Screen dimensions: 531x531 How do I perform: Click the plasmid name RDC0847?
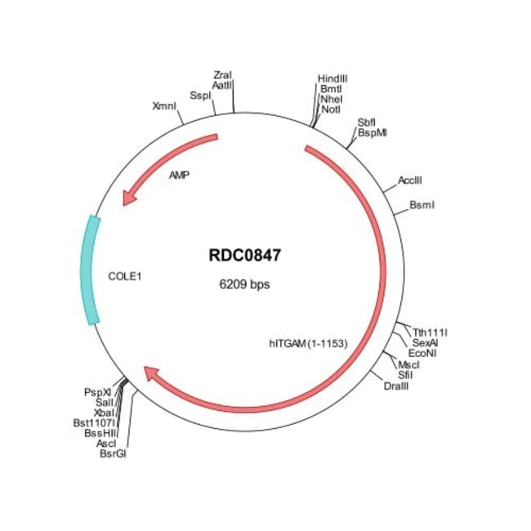pyautogui.click(x=245, y=256)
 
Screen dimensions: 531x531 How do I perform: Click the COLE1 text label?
pyautogui.click(x=125, y=276)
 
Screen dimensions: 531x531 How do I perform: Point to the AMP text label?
pyautogui.click(x=180, y=175)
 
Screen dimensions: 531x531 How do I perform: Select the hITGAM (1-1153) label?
pyautogui.click(x=309, y=343)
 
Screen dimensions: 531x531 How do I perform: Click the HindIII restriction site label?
pyautogui.click(x=332, y=78)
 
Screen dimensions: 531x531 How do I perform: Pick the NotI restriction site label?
pyautogui.click(x=331, y=109)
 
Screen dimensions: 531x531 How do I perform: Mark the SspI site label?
pyautogui.click(x=200, y=95)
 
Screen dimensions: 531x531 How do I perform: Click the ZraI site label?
pyautogui.click(x=221, y=75)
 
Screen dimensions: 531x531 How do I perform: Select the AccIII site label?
pyautogui.click(x=410, y=180)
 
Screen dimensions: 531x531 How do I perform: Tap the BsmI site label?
pyautogui.click(x=422, y=204)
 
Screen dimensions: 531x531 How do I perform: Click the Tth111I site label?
pyautogui.click(x=431, y=332)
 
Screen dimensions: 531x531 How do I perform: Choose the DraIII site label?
pyautogui.click(x=396, y=385)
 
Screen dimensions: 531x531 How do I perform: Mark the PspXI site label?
pyautogui.click(x=97, y=392)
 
